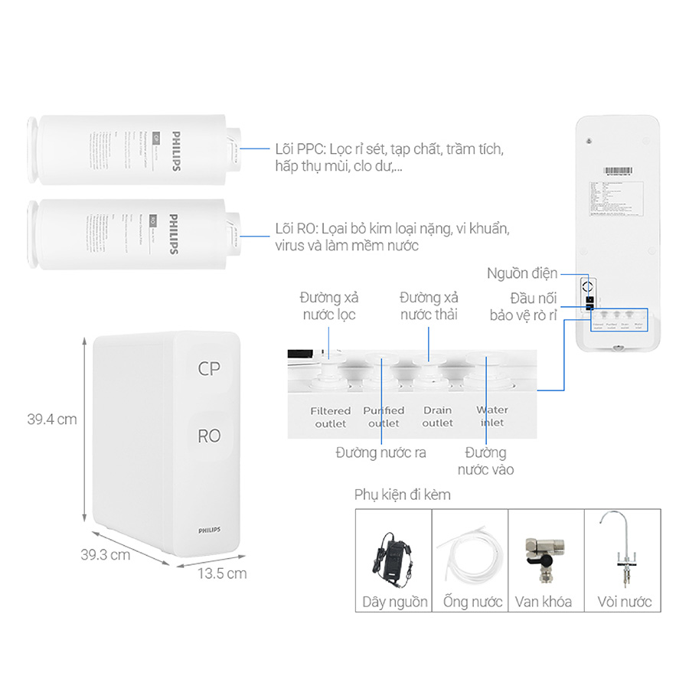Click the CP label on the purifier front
point(209,367)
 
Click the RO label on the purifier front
point(209,436)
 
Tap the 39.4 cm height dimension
point(51,419)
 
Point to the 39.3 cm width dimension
point(106,555)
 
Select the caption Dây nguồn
point(395,601)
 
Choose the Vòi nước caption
point(624,601)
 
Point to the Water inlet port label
point(492,416)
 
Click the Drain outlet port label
point(438,416)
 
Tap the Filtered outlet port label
point(331,416)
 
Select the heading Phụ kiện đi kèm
point(403,495)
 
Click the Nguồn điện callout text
point(522,273)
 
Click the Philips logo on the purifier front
point(209,530)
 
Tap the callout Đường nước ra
point(380,452)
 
